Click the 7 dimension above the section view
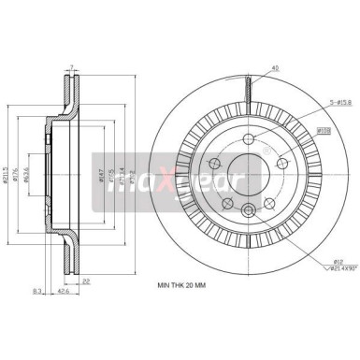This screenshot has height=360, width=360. click(x=71, y=66)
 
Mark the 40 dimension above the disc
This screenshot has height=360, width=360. click(x=249, y=67)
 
